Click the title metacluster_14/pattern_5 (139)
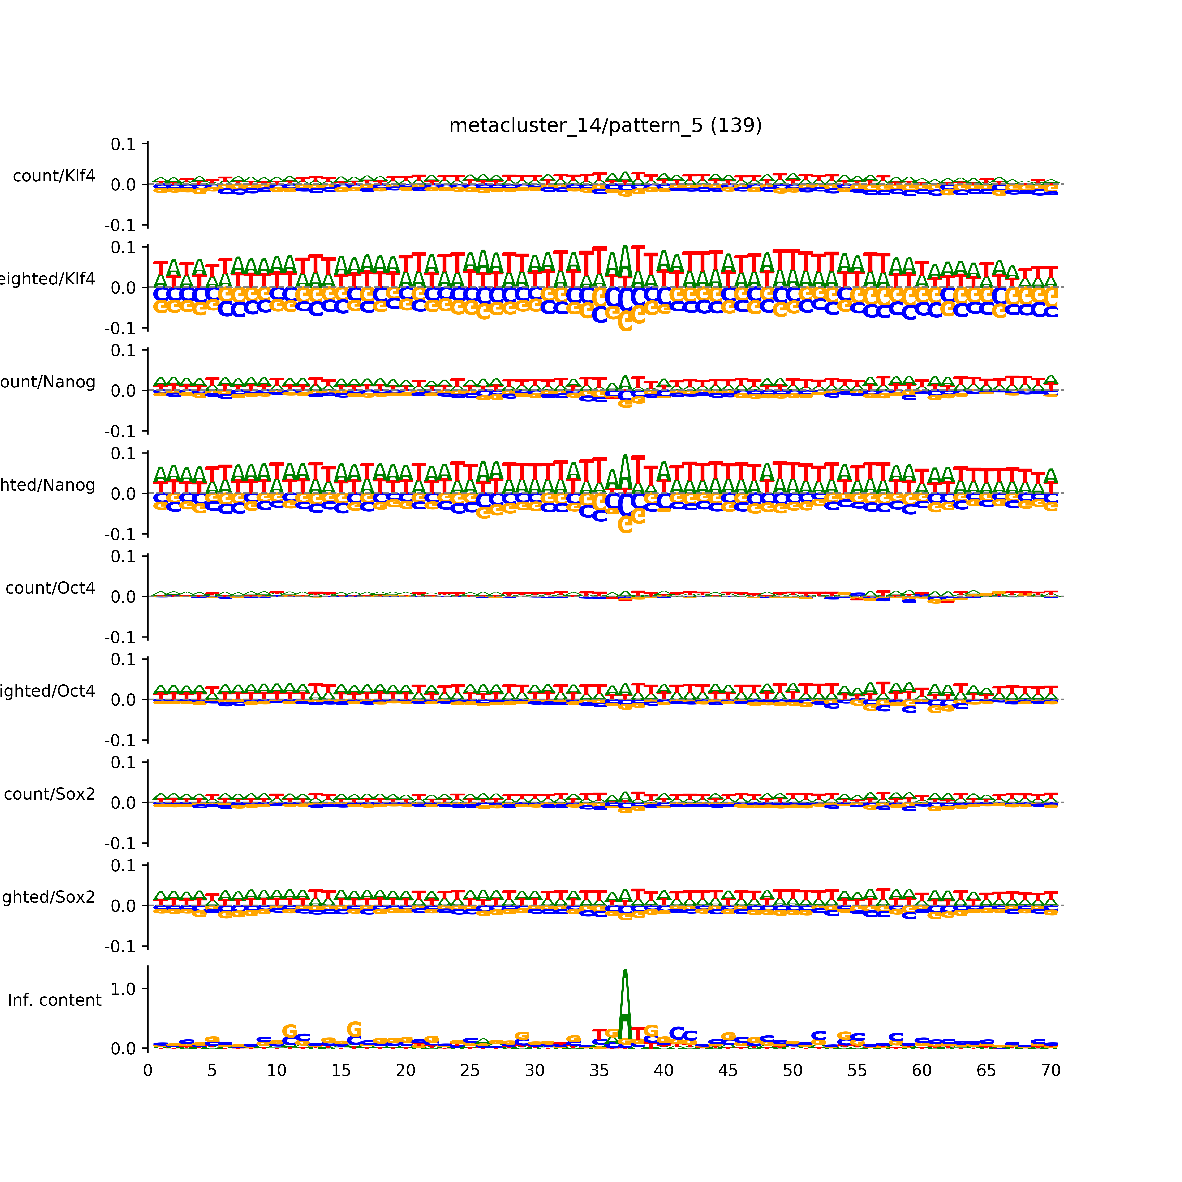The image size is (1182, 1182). (x=605, y=125)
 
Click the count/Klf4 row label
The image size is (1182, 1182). (x=54, y=176)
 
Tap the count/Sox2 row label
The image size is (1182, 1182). (x=50, y=794)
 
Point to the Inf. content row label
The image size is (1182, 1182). (x=54, y=1000)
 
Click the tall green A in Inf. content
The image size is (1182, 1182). (x=625, y=1003)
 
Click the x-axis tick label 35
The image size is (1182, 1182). (x=599, y=1071)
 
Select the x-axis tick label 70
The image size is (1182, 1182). (x=1050, y=1071)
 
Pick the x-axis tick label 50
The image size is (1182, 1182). (x=792, y=1071)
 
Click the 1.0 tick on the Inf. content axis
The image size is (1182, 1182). (x=123, y=989)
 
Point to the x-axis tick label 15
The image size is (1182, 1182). (x=341, y=1071)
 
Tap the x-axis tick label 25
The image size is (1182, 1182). (x=470, y=1071)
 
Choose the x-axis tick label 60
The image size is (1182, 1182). (x=921, y=1071)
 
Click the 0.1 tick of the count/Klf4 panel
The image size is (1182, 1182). (x=123, y=144)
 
